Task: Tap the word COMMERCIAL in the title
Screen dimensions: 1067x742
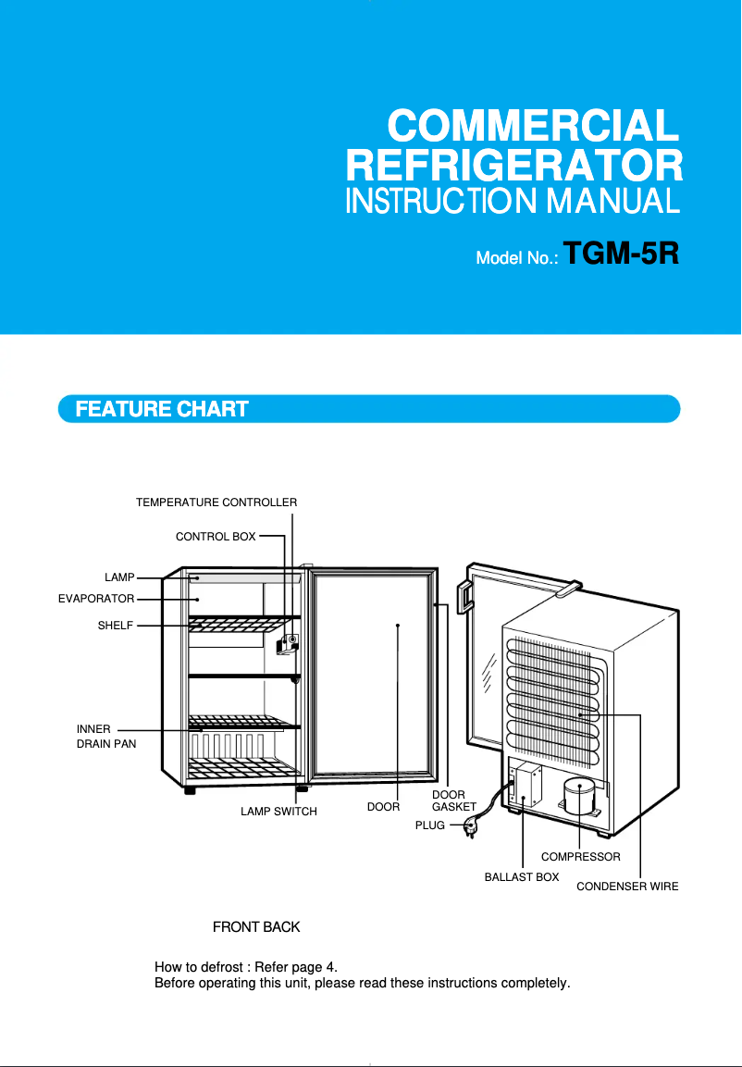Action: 534,125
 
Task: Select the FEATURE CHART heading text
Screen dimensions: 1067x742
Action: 162,409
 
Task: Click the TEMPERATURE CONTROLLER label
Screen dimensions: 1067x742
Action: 216,502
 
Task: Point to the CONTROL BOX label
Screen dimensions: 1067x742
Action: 216,536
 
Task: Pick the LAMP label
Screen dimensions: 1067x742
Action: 119,577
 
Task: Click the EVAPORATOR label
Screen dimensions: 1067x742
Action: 96,599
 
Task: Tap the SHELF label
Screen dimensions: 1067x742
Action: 116,626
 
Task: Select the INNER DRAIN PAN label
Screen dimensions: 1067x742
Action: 105,737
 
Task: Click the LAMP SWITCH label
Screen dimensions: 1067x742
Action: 278,812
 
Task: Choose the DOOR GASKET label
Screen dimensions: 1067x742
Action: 453,801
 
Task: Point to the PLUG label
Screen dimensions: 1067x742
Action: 430,825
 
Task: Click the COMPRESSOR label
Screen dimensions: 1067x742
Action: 580,857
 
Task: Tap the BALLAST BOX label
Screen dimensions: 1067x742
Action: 522,876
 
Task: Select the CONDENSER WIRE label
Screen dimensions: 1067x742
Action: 627,887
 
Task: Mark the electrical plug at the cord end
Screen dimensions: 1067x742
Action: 470,825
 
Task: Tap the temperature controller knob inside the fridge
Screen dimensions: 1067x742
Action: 292,639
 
